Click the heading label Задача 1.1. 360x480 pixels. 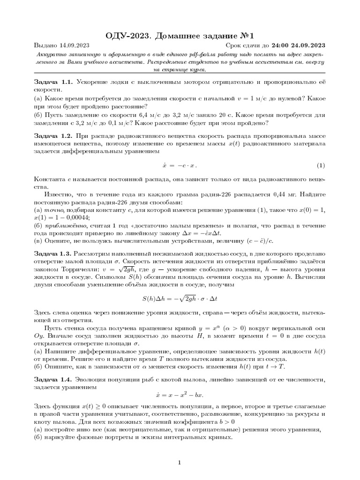click(x=53, y=82)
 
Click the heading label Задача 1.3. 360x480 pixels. click(x=53, y=253)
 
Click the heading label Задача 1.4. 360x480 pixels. click(x=53, y=378)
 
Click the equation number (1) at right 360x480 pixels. click(x=321, y=165)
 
